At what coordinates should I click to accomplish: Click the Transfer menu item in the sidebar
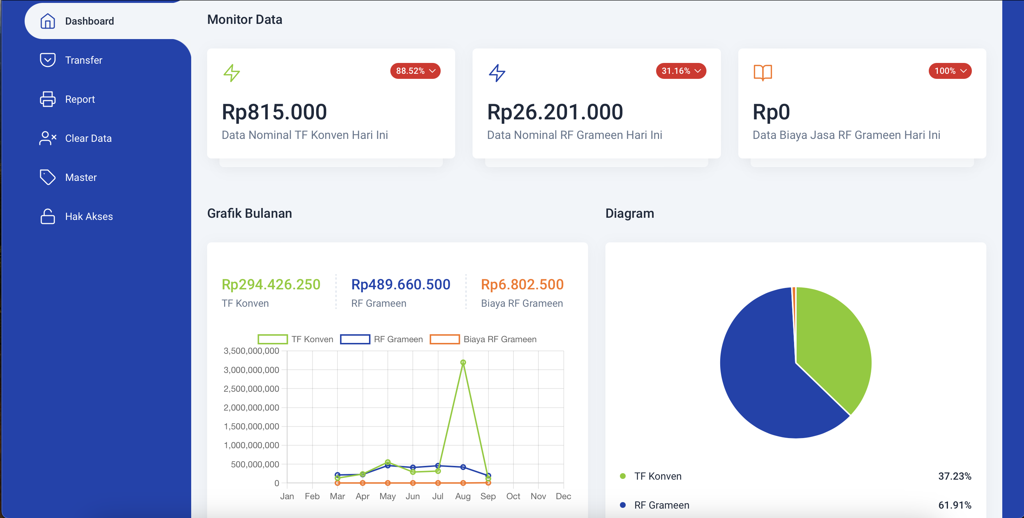tap(84, 60)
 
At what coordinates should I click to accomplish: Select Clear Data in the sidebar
tap(88, 138)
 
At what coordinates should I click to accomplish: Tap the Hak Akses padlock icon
tap(48, 216)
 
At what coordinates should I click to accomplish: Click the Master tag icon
tap(48, 177)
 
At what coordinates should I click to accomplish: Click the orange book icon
tap(763, 73)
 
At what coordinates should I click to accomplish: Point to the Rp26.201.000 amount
tap(555, 112)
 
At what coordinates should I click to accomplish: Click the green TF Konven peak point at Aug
tap(463, 362)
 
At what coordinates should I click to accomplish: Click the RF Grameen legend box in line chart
tap(355, 339)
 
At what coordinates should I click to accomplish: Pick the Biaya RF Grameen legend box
tap(444, 339)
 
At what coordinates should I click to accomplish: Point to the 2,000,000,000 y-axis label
tap(251, 408)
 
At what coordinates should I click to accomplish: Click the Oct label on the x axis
tap(513, 496)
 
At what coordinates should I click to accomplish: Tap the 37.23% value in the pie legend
tap(954, 476)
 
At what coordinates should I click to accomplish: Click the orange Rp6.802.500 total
tap(522, 284)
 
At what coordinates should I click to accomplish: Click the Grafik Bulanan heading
tap(249, 213)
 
